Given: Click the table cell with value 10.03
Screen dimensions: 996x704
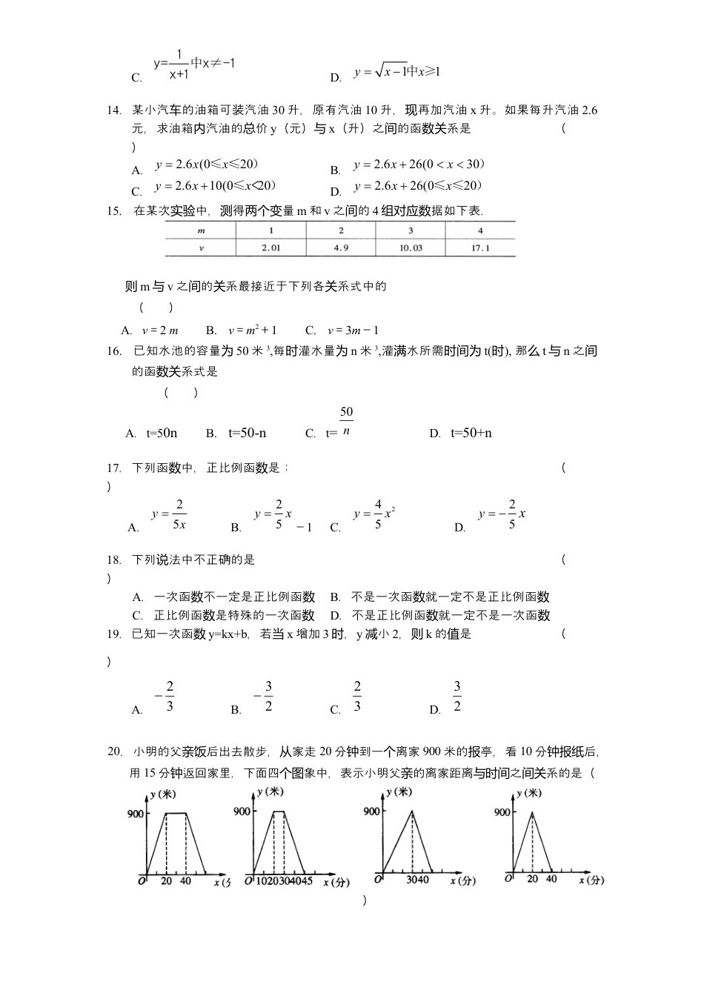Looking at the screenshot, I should pyautogui.click(x=411, y=248).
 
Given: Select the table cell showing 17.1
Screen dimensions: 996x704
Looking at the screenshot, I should pyautogui.click(x=480, y=248).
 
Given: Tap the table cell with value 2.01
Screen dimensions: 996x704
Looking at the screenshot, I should pyautogui.click(x=271, y=248).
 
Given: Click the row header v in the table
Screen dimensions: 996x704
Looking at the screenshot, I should pyautogui.click(x=201, y=248).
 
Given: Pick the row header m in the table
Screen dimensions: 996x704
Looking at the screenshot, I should pyautogui.click(x=201, y=230).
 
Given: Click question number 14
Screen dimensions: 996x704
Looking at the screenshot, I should pyautogui.click(x=114, y=110).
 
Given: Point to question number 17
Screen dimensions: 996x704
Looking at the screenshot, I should pyautogui.click(x=114, y=468).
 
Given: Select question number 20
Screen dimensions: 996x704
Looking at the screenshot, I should pyautogui.click(x=114, y=751).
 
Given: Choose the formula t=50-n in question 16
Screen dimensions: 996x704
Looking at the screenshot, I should pyautogui.click(x=248, y=433).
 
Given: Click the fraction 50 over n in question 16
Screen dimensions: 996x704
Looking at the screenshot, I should pyautogui.click(x=346, y=420).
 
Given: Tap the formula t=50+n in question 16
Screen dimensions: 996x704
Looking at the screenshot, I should pyautogui.click(x=471, y=433).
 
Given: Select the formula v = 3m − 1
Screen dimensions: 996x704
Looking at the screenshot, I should pyautogui.click(x=353, y=331).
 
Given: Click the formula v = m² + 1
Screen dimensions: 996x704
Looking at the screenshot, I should pyautogui.click(x=252, y=331).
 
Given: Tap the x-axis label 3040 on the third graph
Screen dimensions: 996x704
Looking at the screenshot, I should pyautogui.click(x=417, y=880).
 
